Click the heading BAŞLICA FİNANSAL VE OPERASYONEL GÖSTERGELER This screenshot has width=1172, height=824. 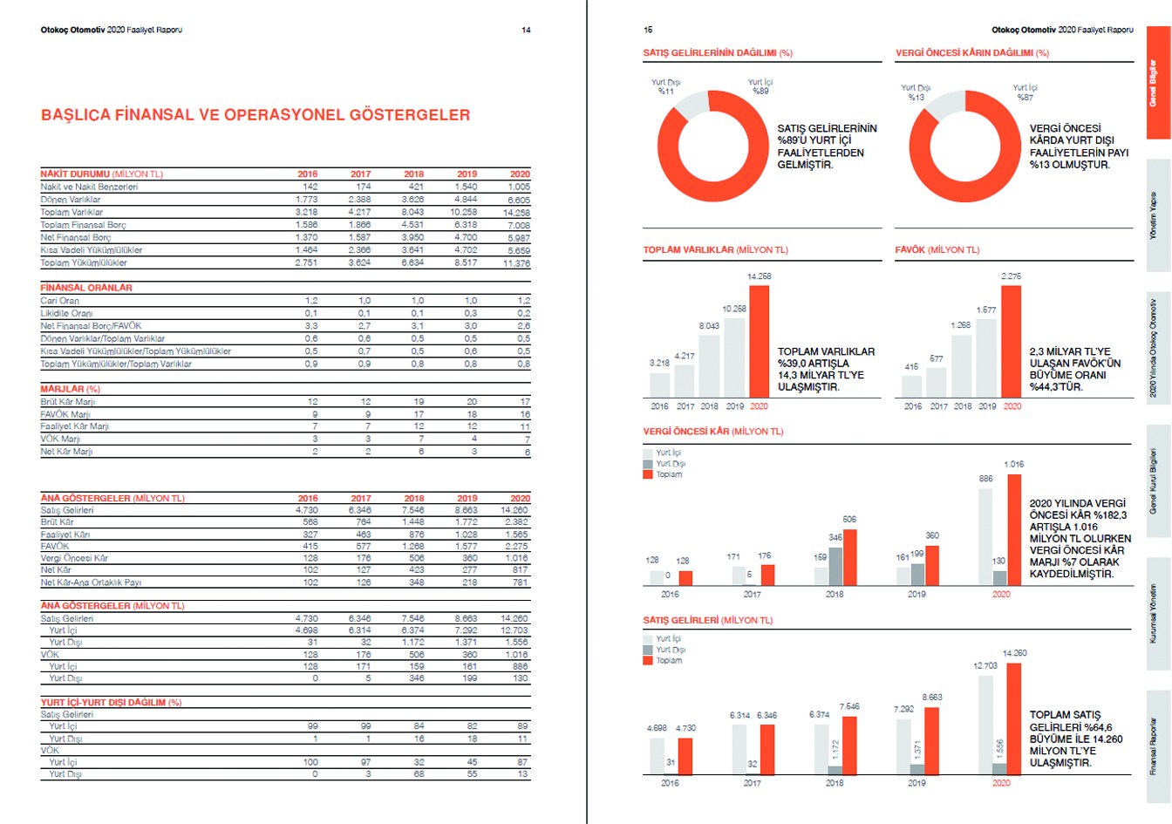coord(256,115)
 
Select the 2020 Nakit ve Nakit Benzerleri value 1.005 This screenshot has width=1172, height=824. coord(519,187)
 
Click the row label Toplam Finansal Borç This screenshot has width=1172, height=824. coord(84,225)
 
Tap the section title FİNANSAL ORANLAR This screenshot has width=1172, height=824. coord(86,287)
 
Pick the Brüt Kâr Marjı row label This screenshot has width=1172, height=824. coord(68,402)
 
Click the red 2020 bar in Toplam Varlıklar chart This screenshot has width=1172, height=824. coord(759,341)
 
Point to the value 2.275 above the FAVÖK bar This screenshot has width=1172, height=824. coord(1011,276)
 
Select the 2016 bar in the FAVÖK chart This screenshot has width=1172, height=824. coord(911,385)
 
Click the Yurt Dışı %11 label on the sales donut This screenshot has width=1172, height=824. coord(666,87)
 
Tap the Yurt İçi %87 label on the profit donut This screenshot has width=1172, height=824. coord(1025,92)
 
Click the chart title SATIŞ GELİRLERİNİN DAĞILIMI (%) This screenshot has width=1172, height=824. coord(718,53)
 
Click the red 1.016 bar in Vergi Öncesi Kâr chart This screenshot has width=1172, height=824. coord(1013,529)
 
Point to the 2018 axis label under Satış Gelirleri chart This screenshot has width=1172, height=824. coord(835,783)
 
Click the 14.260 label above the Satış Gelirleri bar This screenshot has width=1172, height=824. coord(1014,653)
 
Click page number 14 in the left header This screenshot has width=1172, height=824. coord(526,31)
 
